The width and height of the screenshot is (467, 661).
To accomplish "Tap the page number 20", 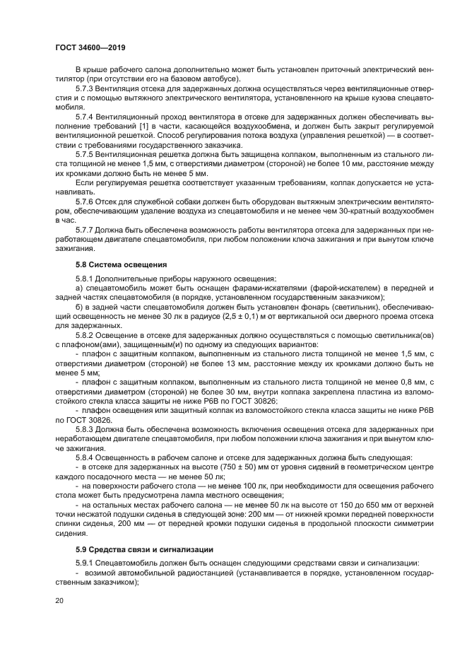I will pyautogui.click(x=60, y=601).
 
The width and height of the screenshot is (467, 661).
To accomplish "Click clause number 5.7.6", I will pyautogui.click(x=87, y=201).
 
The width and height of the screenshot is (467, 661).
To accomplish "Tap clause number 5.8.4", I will pyautogui.click(x=87, y=457).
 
